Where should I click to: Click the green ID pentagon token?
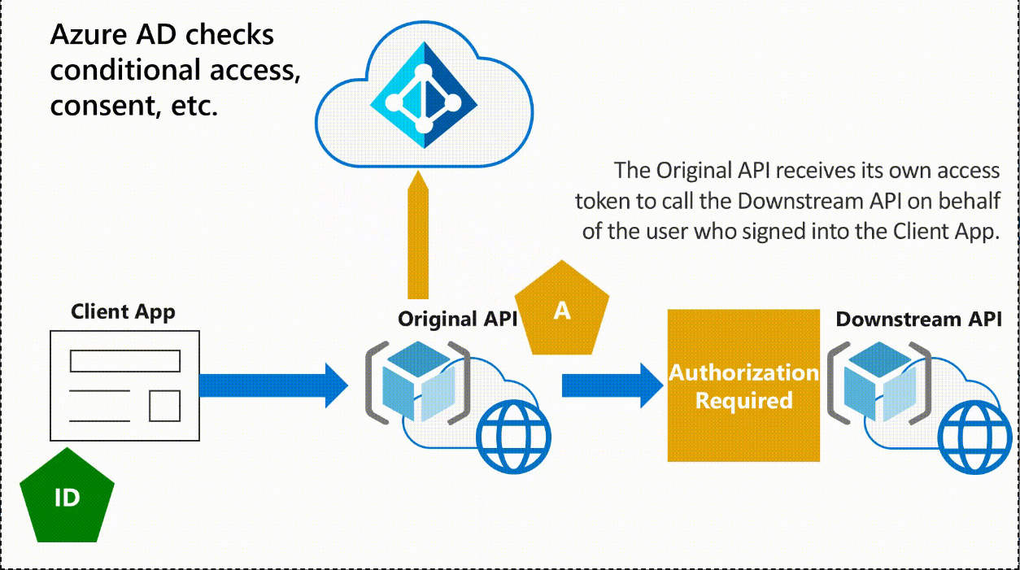pos(67,496)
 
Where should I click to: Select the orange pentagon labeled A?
pos(562,310)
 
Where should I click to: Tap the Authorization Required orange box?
pos(743,385)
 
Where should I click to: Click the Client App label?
pos(123,312)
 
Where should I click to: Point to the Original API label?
pos(458,319)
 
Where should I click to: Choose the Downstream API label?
pos(918,319)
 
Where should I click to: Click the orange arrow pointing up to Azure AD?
pos(418,235)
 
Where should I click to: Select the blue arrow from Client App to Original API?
pos(273,385)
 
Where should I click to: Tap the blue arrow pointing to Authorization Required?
pos(612,385)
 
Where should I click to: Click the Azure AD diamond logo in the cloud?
pos(424,94)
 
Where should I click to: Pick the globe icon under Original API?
pos(513,437)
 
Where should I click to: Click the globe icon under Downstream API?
pos(975,437)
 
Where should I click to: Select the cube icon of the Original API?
pos(418,381)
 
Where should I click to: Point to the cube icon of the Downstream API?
pos(880,381)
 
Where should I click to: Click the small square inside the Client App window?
pos(165,406)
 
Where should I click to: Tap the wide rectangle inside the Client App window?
pos(125,361)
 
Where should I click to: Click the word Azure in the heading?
pos(89,35)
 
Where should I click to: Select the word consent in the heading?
pos(105,106)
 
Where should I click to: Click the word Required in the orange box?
pos(744,401)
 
